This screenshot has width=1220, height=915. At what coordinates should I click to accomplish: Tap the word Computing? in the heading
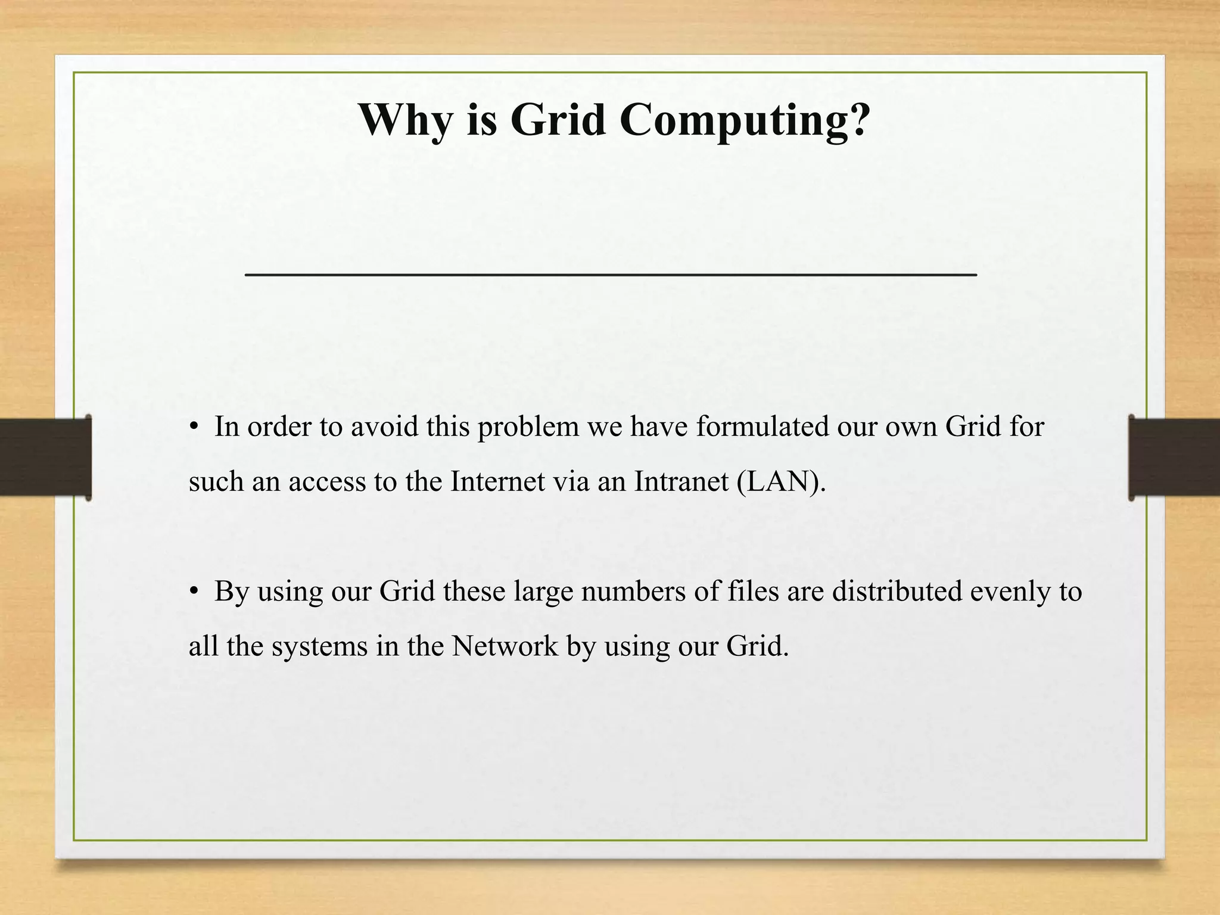click(x=745, y=121)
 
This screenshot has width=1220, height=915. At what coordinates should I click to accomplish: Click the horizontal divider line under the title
click(x=611, y=274)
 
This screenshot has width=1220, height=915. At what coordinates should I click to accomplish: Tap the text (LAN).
click(x=781, y=482)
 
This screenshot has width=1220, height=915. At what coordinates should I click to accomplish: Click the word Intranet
click(x=681, y=481)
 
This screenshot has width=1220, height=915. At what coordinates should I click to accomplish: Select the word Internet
click(x=497, y=481)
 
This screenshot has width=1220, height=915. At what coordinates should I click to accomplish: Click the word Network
click(x=505, y=646)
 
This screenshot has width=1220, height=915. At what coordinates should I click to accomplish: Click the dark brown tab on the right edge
click(x=1174, y=457)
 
